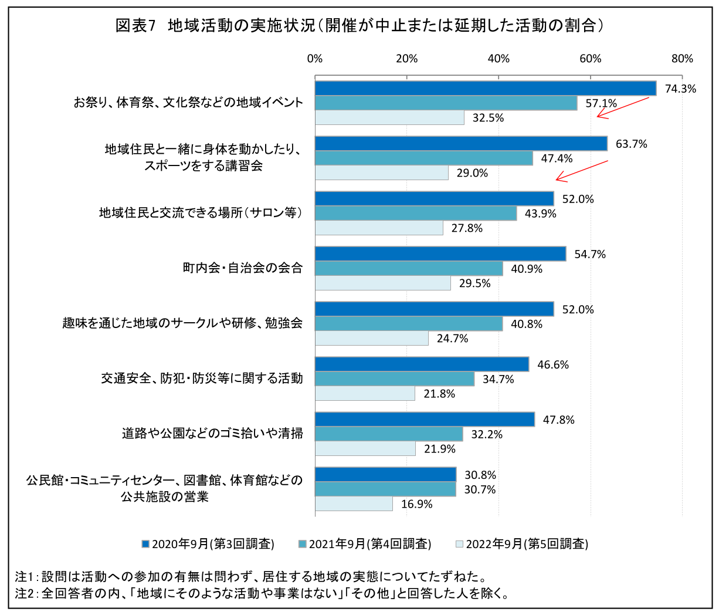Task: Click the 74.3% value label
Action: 680,89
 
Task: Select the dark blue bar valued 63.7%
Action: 461,144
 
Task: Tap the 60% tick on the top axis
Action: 590,59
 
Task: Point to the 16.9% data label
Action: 417,504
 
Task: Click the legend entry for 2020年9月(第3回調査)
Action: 208,544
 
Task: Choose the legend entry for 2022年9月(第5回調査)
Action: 522,544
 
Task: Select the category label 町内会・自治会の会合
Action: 243,268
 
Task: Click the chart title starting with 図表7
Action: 359,26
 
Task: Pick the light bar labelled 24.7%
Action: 372,339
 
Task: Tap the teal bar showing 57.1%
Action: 446,103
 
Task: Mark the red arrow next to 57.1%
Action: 623,108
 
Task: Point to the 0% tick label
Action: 315,59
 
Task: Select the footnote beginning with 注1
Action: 251,576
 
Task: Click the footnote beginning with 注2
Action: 262,593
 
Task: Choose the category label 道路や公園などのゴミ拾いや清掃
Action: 212,434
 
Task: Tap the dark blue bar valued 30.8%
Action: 385,475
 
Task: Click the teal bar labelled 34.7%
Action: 395,379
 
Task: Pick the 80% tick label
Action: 682,59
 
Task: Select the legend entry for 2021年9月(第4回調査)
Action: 365,544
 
